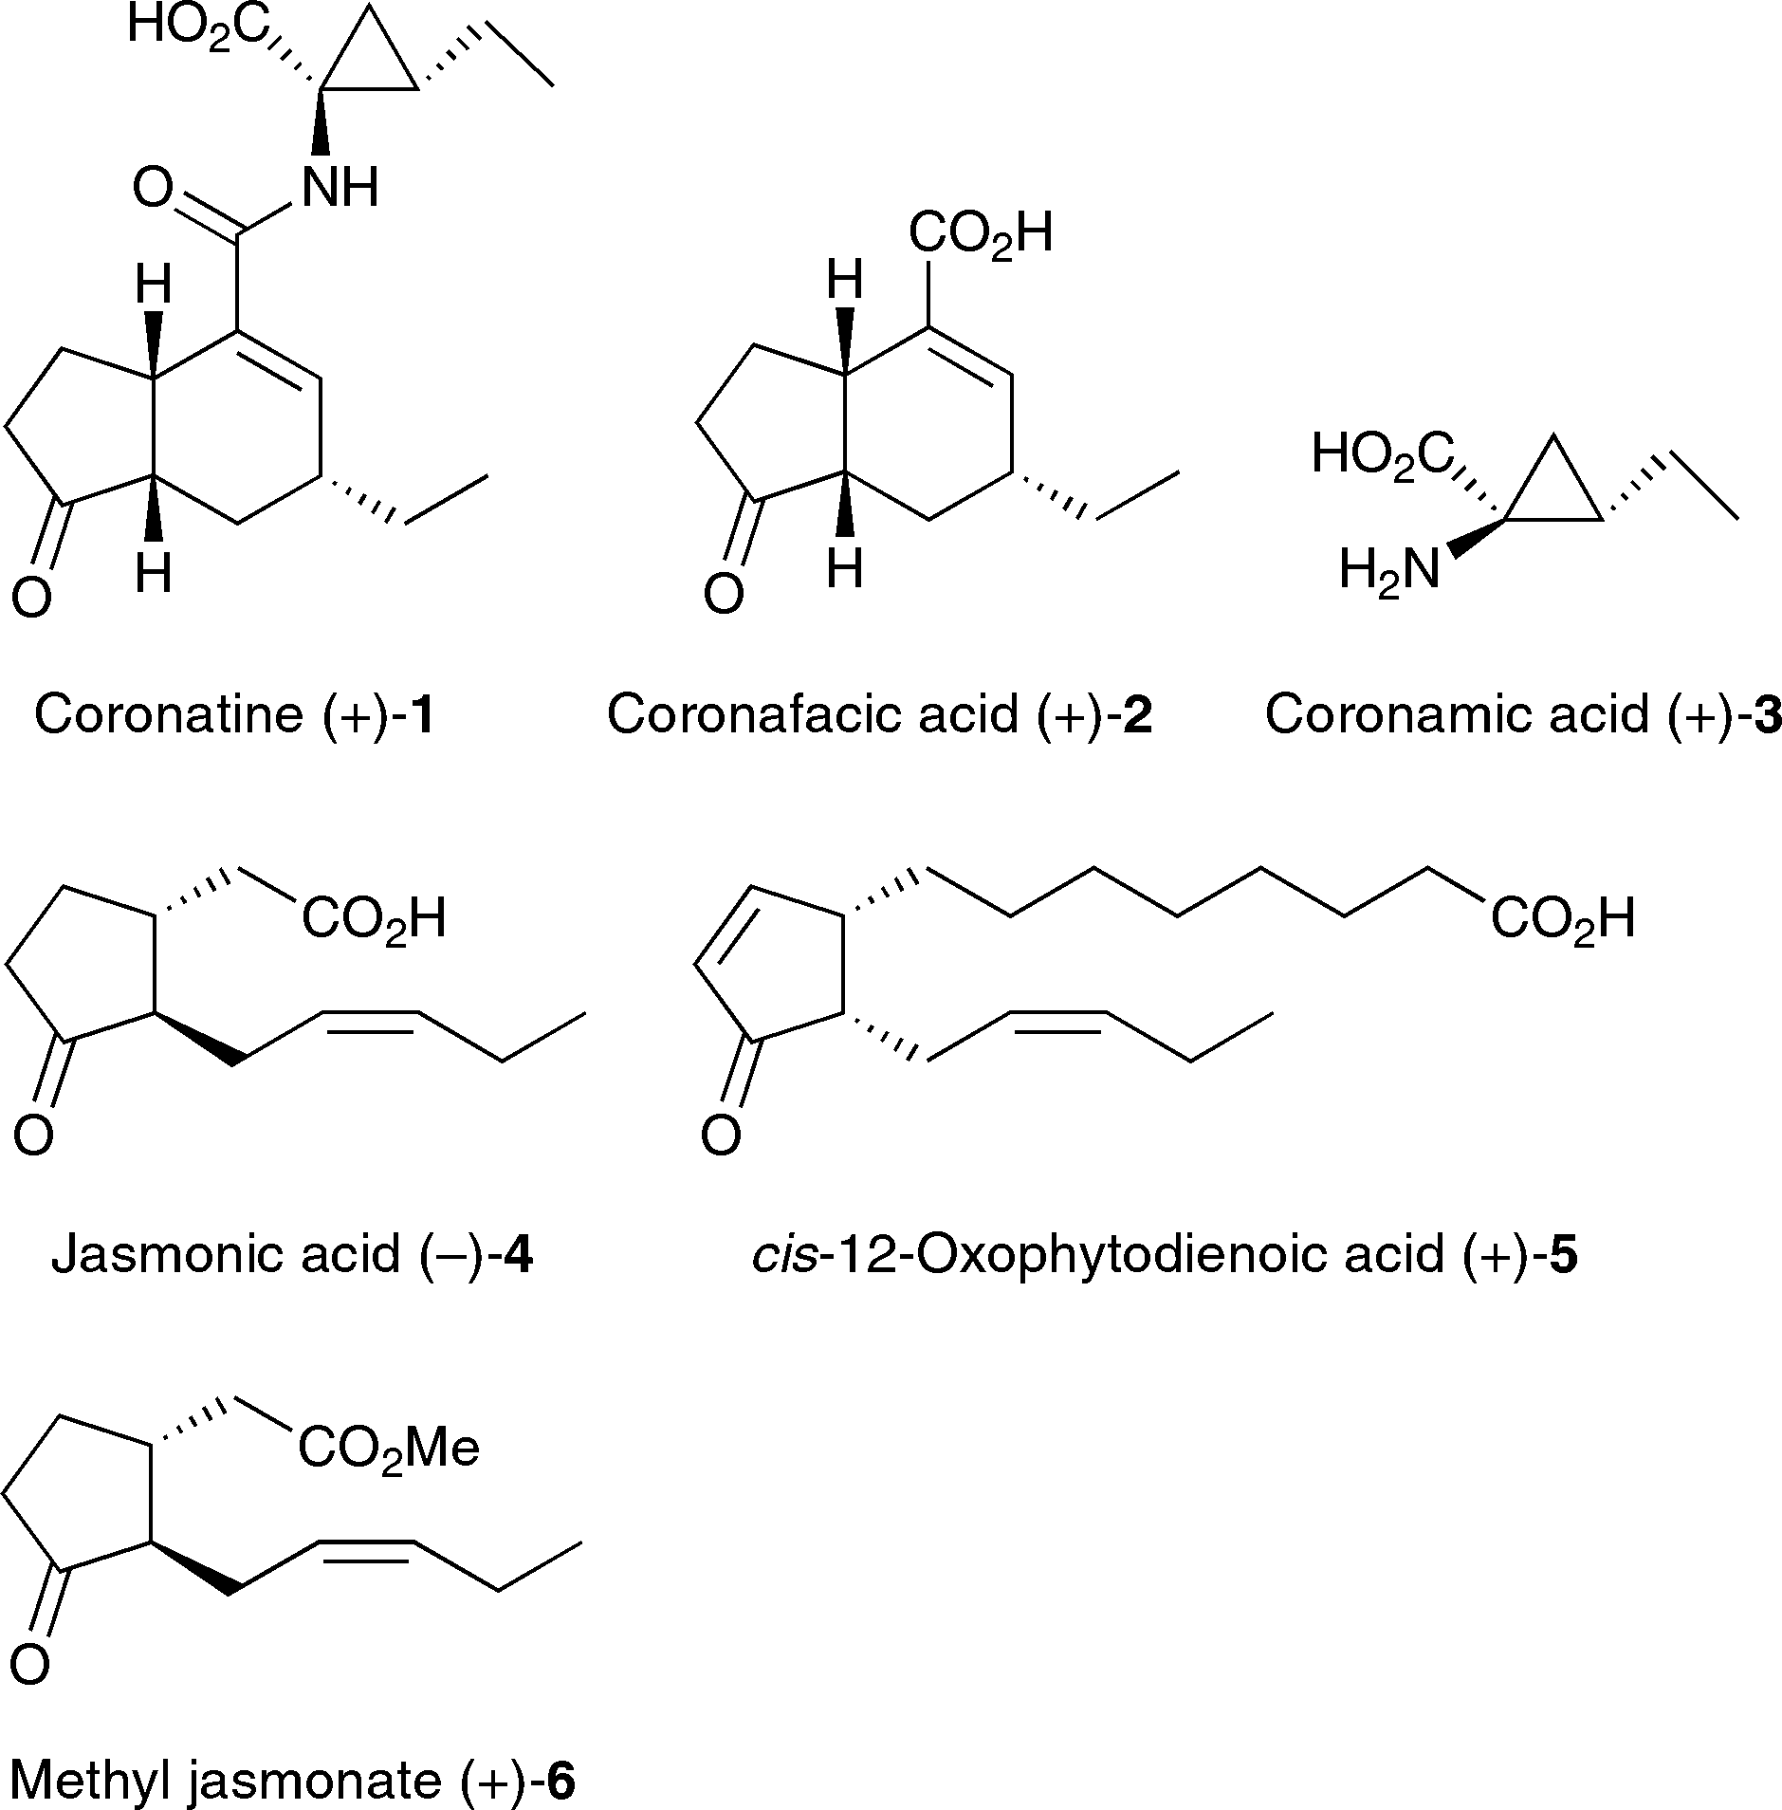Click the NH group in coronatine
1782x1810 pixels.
pos(340,187)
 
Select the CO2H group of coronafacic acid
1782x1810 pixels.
pos(980,233)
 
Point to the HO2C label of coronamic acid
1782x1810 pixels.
pos(1383,453)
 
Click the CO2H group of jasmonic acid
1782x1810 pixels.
pos(373,918)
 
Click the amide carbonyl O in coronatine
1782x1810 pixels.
pos(153,188)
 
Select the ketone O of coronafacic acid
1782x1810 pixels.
pos(723,595)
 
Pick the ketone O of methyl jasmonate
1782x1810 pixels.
pos(29,1665)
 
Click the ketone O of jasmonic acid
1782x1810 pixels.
pos(33,1135)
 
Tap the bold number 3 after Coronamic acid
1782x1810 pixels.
pos(1767,714)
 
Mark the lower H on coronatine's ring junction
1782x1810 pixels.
pos(154,573)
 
